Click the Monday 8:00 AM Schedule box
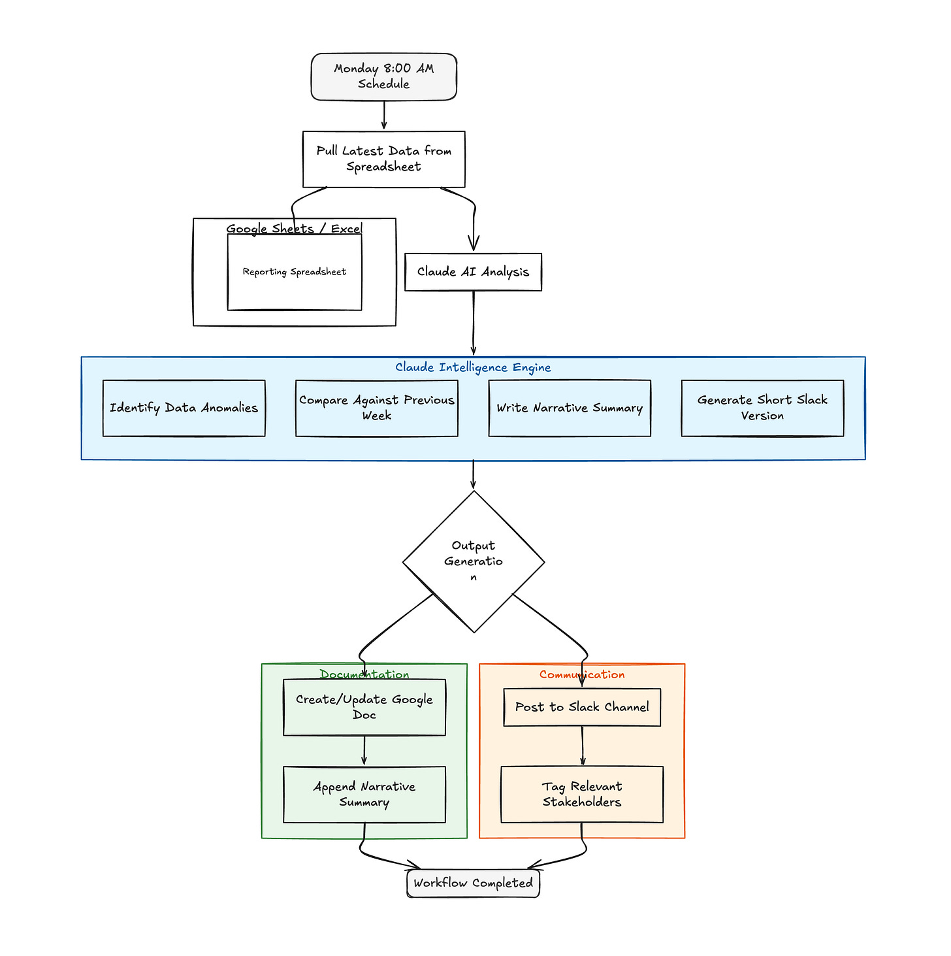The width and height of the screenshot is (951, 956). pyautogui.click(x=383, y=77)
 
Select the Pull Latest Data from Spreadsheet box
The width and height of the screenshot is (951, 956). pyautogui.click(x=383, y=159)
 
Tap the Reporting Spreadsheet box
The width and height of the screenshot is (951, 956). pyautogui.click(x=294, y=272)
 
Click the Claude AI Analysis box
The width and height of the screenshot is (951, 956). pyautogui.click(x=473, y=272)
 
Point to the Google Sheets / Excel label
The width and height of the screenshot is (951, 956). pyautogui.click(x=294, y=229)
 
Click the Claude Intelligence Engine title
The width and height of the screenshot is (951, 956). pyautogui.click(x=473, y=368)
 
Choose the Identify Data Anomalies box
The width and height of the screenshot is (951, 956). pyautogui.click(x=184, y=408)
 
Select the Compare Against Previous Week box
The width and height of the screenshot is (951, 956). pyautogui.click(x=376, y=408)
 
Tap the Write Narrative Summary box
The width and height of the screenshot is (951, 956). pyautogui.click(x=570, y=408)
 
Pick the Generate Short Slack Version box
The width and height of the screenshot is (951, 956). pyautogui.click(x=762, y=408)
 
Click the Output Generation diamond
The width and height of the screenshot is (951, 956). pyautogui.click(x=474, y=561)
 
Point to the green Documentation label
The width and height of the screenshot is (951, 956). pyautogui.click(x=364, y=674)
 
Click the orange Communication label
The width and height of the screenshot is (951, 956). pyautogui.click(x=582, y=674)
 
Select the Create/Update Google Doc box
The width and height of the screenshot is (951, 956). pyautogui.click(x=364, y=708)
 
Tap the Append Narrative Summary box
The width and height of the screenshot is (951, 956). pyautogui.click(x=364, y=795)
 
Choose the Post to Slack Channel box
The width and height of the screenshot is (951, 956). pyautogui.click(x=582, y=708)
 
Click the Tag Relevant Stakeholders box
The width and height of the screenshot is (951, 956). pyautogui.click(x=582, y=795)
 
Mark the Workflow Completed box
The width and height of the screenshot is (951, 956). pyautogui.click(x=473, y=883)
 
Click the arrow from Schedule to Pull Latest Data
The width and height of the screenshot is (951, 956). pyautogui.click(x=383, y=115)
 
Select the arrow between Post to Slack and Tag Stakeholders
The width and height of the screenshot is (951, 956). pyautogui.click(x=583, y=746)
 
